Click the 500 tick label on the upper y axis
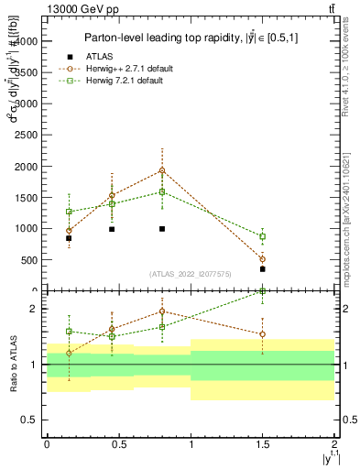tap(29, 259)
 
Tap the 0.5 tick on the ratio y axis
tap(32, 420)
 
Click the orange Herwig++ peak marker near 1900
tap(162, 170)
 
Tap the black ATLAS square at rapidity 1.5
tap(263, 269)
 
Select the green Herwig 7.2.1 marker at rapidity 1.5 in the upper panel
tap(263, 236)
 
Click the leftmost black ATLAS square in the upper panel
tap(69, 238)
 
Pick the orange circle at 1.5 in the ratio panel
tap(263, 334)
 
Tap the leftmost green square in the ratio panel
tap(69, 332)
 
